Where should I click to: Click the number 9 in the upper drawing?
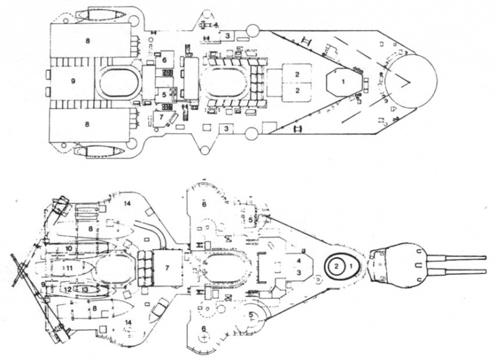pyautogui.click(x=73, y=82)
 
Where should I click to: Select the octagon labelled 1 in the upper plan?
pyautogui.click(x=343, y=81)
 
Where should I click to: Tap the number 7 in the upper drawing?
pyautogui.click(x=161, y=116)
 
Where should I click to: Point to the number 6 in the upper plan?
pyautogui.click(x=164, y=60)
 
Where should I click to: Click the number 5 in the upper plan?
pyautogui.click(x=164, y=95)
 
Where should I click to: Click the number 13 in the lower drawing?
pyautogui.click(x=85, y=290)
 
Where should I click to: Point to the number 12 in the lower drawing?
pyautogui.click(x=67, y=290)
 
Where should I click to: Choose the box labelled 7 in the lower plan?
pyautogui.click(x=167, y=268)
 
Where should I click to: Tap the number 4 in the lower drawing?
pyautogui.click(x=299, y=259)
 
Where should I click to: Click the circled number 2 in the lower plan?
pyautogui.click(x=337, y=267)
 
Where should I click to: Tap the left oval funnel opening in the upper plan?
pyautogui.click(x=117, y=82)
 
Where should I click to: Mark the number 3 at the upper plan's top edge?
pyautogui.click(x=229, y=35)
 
